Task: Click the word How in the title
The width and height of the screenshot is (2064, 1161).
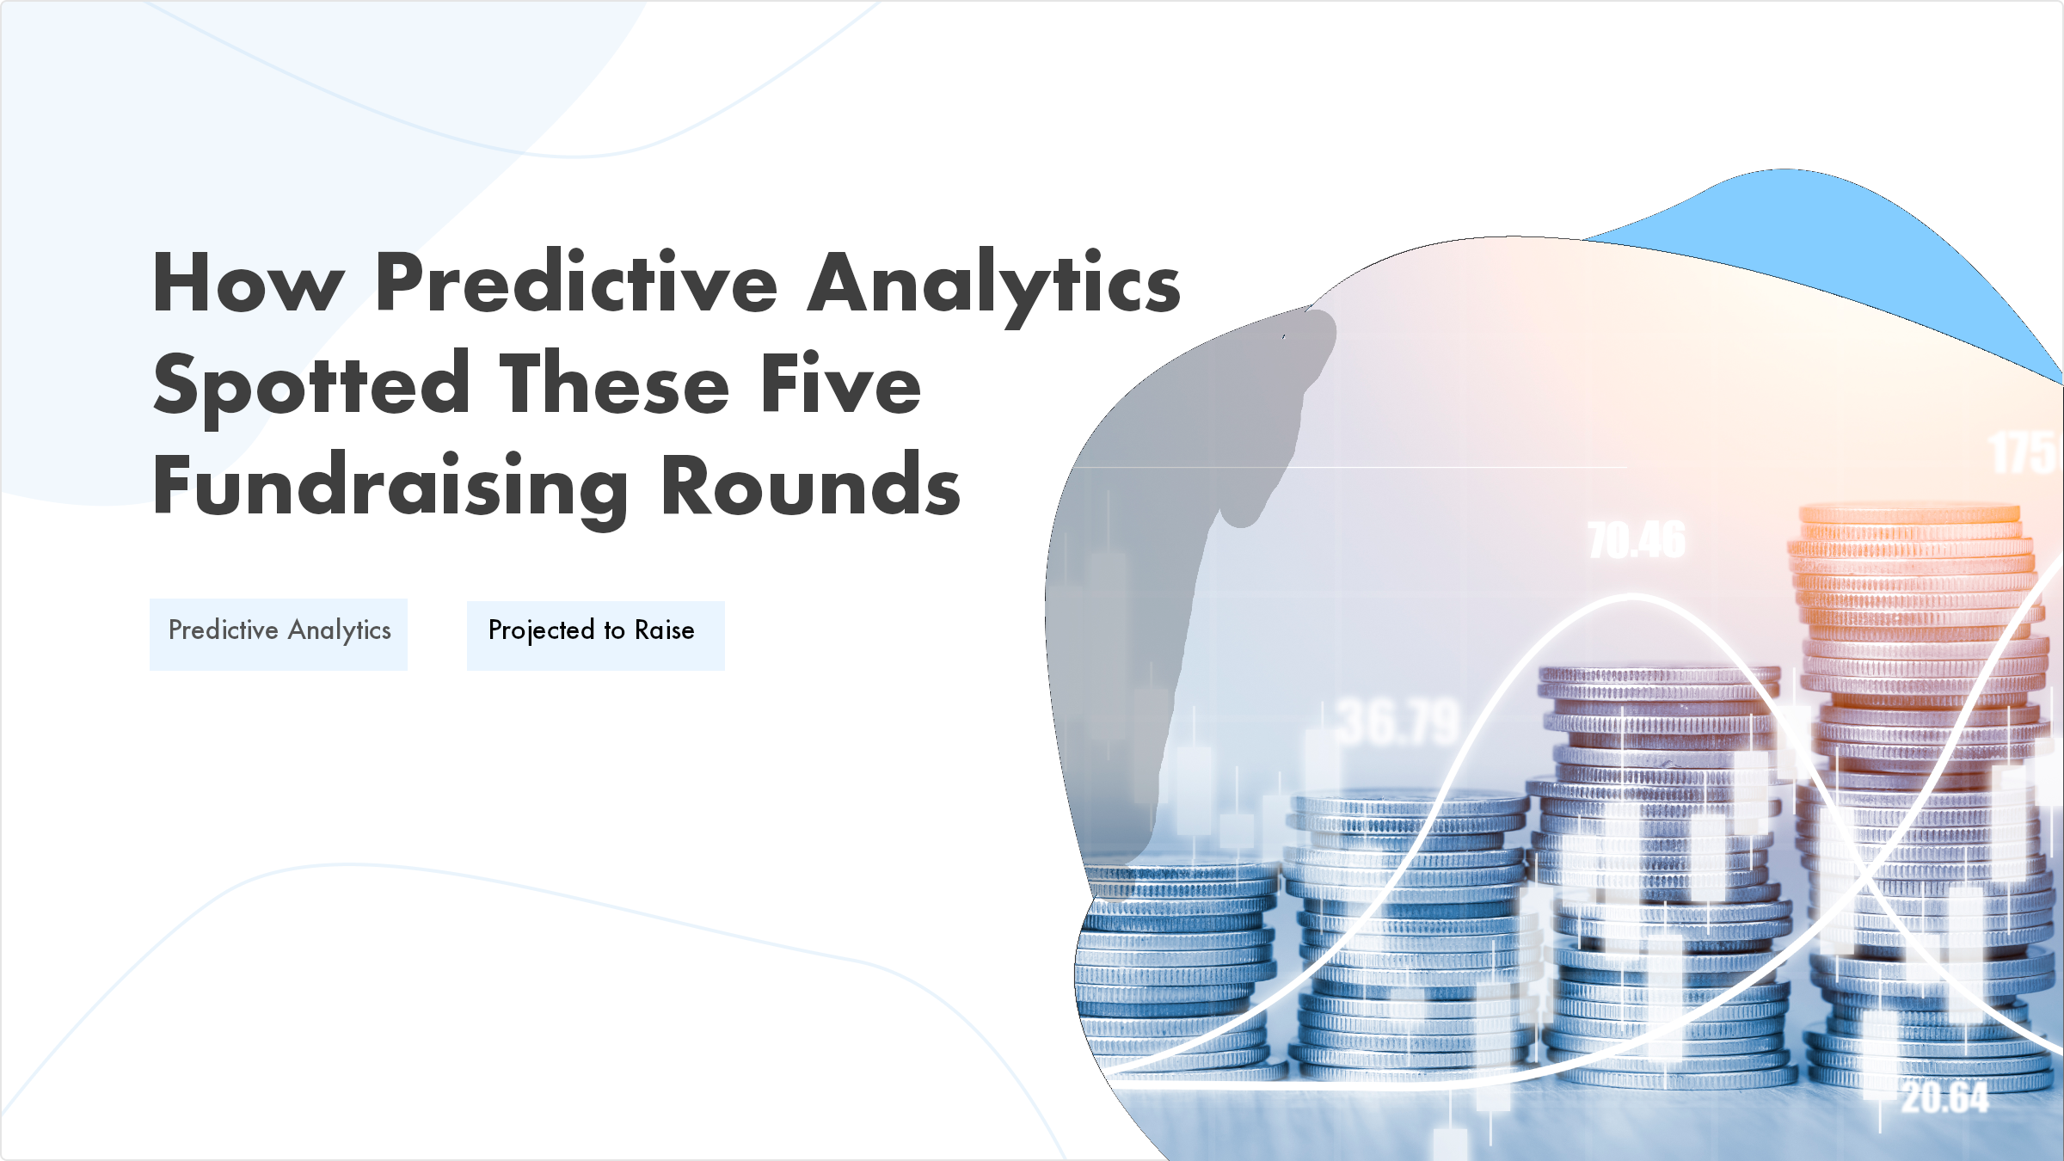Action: tap(249, 283)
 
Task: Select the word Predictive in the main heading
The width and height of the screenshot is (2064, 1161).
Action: tap(576, 283)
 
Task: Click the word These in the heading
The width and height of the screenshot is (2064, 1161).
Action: tap(615, 384)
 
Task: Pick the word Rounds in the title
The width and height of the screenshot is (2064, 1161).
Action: tap(810, 486)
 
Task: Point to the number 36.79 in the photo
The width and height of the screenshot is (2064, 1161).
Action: tap(1397, 722)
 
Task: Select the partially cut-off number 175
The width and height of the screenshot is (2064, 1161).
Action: tap(2024, 454)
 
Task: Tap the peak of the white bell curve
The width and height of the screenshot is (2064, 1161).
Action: tap(1632, 596)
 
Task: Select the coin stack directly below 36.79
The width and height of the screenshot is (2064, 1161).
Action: tap(1406, 929)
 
